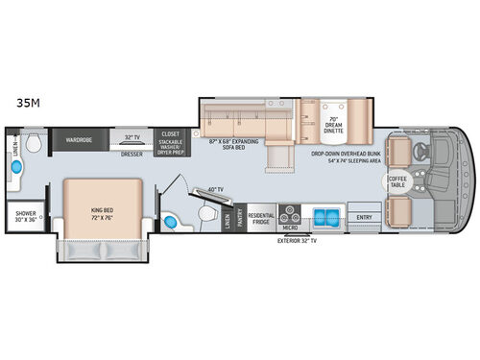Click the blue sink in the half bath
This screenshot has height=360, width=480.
171,223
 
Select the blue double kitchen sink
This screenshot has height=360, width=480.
325,213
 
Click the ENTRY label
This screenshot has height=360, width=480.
365,218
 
